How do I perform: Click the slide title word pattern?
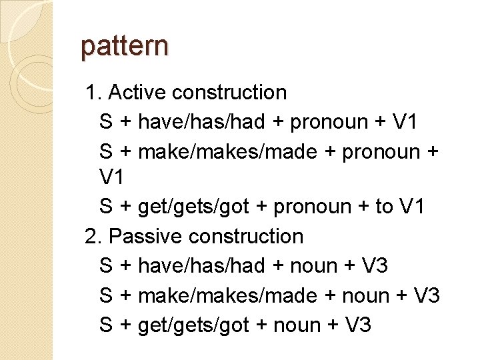pos(125,47)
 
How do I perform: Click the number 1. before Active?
pos(92,92)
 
